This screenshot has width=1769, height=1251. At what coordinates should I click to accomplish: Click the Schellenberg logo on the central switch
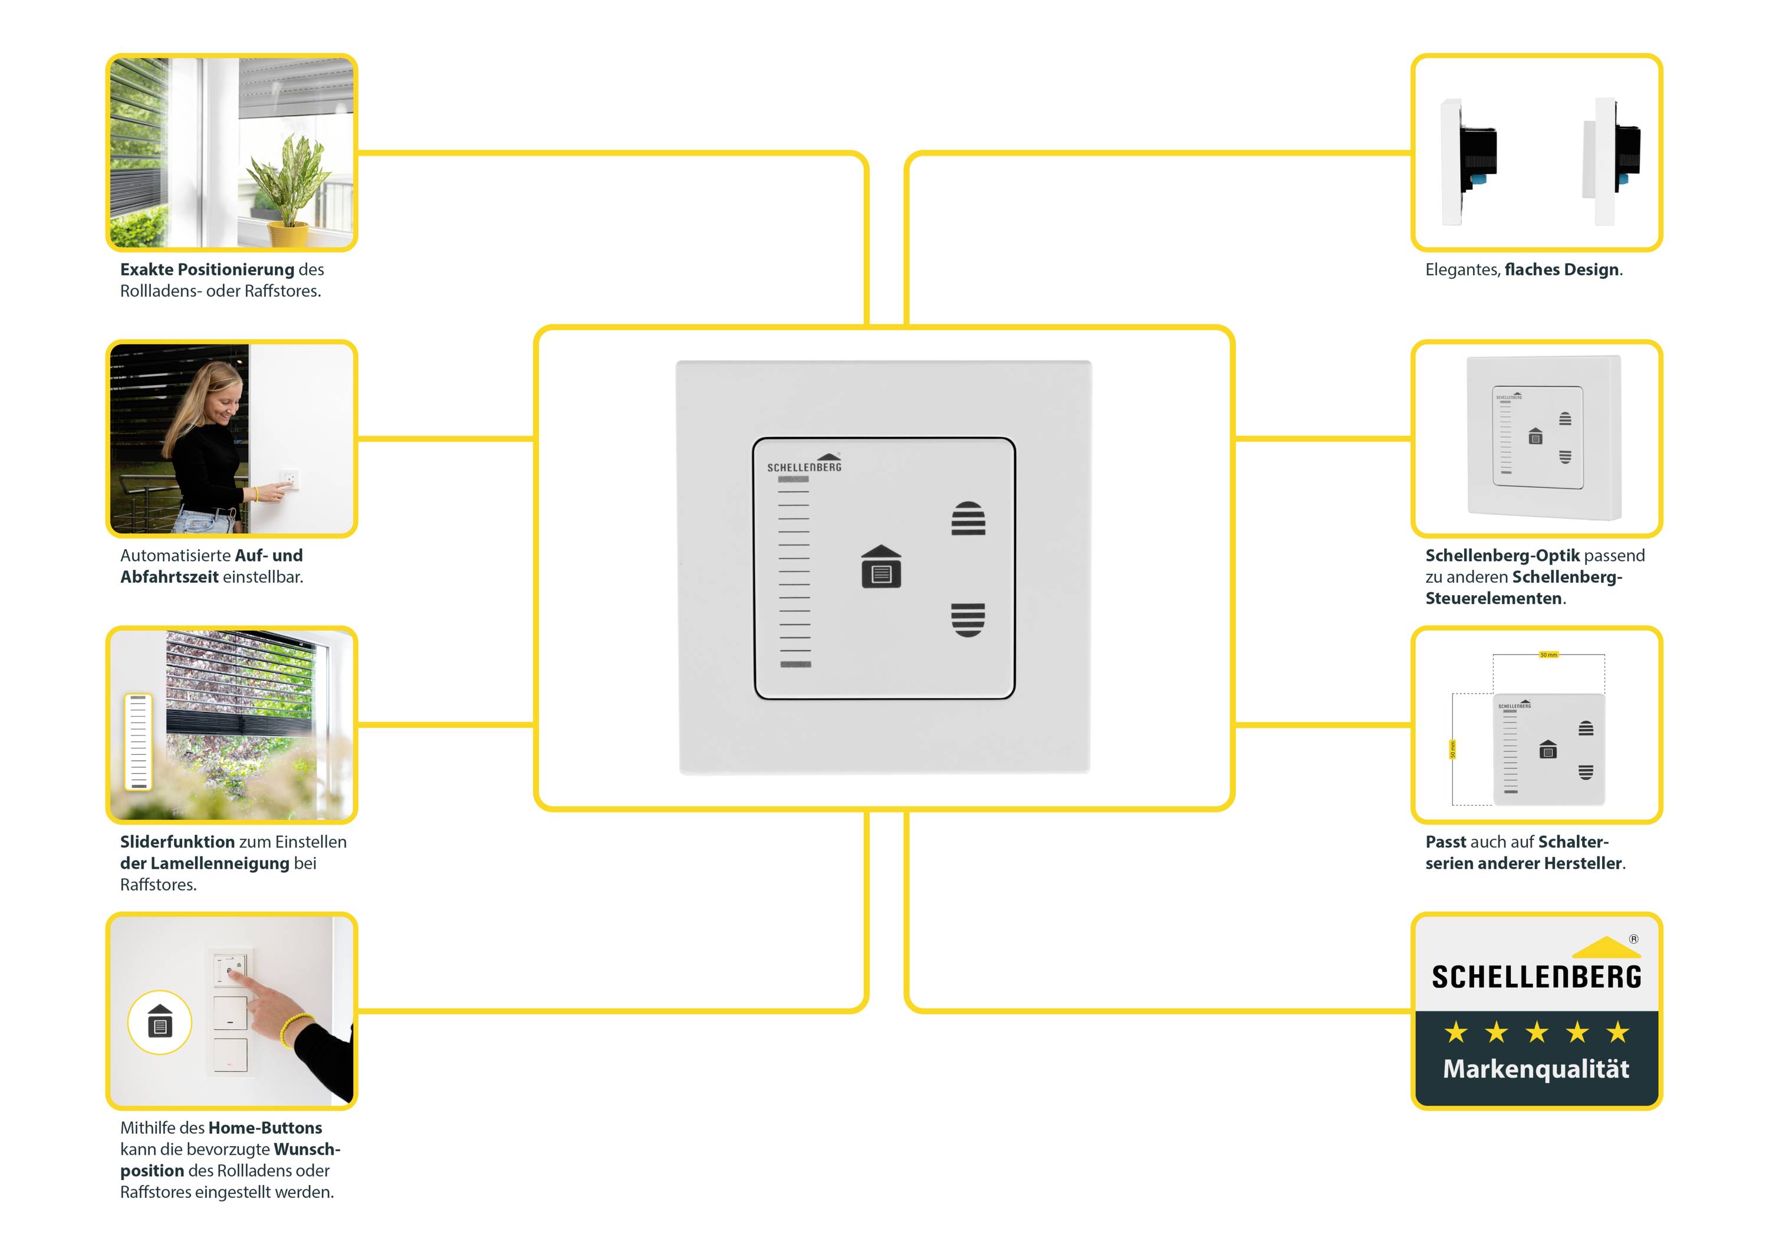click(x=804, y=464)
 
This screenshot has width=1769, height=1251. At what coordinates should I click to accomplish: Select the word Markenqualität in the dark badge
click(x=1535, y=1069)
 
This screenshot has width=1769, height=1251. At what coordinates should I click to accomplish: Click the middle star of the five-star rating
click(x=1536, y=1032)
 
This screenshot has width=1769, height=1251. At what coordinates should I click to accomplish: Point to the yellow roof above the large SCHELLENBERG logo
click(x=1605, y=947)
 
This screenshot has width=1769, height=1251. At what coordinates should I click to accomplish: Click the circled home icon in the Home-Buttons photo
click(x=159, y=1022)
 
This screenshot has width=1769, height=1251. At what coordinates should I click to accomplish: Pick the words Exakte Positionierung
click(x=207, y=270)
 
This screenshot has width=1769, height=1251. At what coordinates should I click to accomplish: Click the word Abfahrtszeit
click(x=169, y=577)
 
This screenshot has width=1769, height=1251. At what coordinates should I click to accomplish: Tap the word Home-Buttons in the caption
click(x=265, y=1128)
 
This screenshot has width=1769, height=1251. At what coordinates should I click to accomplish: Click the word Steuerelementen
click(x=1493, y=599)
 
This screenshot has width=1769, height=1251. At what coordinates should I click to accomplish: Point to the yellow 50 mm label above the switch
click(x=1548, y=655)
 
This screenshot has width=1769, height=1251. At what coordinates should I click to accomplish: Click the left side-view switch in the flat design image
click(x=1468, y=162)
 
